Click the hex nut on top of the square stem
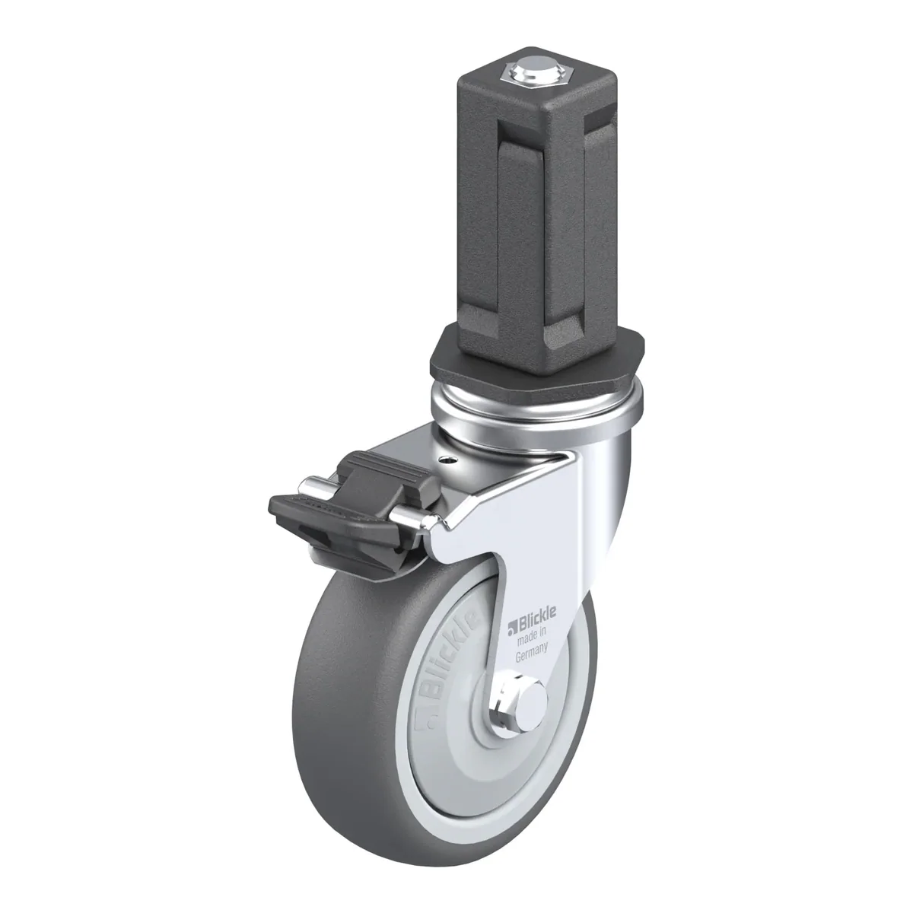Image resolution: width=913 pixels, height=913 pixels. pos(533,73)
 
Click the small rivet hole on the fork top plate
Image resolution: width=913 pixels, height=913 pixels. pos(447,459)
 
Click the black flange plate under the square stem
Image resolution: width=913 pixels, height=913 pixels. pos(537,359)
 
